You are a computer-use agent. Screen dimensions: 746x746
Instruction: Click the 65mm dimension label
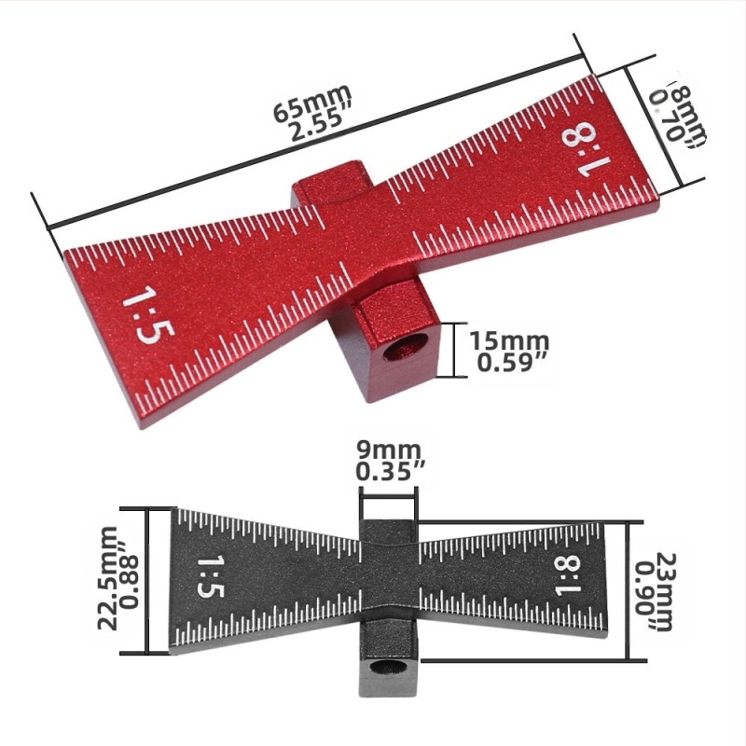(x=311, y=101)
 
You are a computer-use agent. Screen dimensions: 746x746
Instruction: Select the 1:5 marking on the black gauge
(x=206, y=579)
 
